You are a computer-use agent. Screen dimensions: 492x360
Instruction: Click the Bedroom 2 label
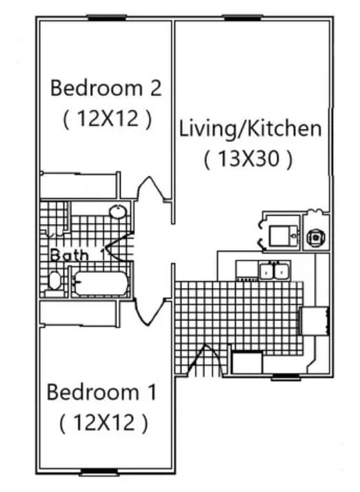tap(106, 88)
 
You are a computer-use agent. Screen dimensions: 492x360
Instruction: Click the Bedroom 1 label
tap(101, 393)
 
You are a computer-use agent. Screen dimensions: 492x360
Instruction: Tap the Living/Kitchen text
tap(250, 129)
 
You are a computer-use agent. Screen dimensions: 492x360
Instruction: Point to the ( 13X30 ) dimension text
tap(248, 159)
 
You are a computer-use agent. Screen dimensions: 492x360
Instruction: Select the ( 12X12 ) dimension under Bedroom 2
tap(107, 119)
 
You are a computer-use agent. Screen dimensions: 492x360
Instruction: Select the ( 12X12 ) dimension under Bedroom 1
tap(103, 422)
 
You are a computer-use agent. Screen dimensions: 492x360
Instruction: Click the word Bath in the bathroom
tap(69, 255)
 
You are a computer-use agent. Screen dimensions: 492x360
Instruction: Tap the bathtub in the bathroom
tap(101, 283)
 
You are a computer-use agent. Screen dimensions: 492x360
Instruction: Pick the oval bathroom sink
tap(118, 212)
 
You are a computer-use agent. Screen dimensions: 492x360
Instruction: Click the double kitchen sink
tap(274, 271)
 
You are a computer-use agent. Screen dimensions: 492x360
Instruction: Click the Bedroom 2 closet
tap(78, 185)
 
